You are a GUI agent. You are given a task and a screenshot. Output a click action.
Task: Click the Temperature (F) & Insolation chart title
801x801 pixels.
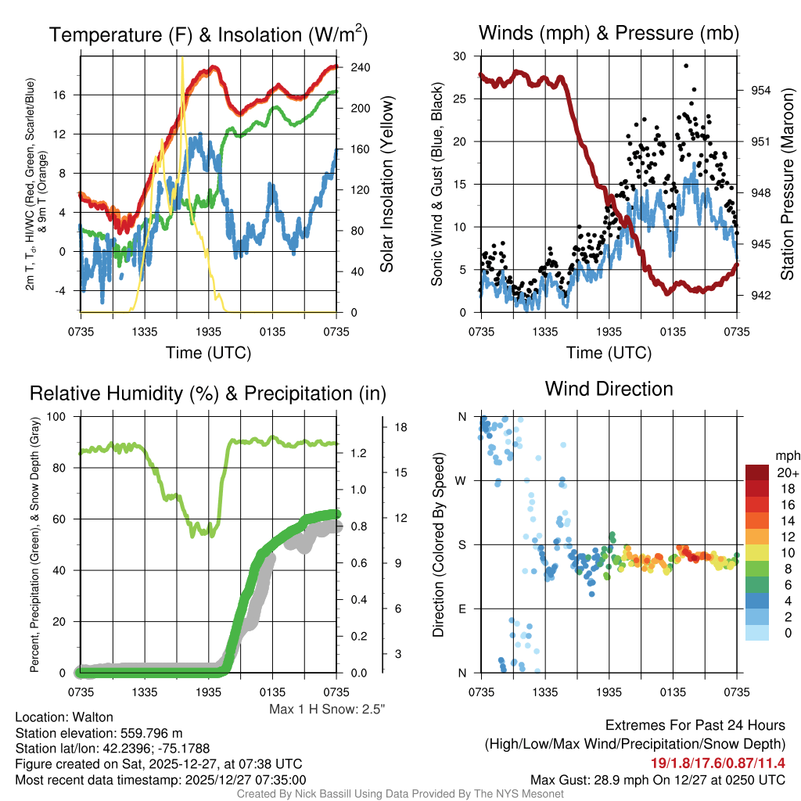click(x=208, y=34)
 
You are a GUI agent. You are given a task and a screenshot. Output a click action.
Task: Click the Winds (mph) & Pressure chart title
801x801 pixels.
click(x=609, y=34)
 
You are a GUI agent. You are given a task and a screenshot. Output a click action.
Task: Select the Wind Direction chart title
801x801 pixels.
click(x=609, y=389)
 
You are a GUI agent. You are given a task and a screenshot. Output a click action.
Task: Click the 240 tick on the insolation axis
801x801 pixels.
click(x=360, y=68)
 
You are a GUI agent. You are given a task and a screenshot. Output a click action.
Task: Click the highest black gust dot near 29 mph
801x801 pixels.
click(x=686, y=66)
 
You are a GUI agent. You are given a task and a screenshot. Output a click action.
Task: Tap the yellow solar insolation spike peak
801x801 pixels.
click(x=182, y=59)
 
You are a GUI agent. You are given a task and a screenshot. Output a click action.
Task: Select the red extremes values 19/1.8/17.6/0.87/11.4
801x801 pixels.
click(x=717, y=763)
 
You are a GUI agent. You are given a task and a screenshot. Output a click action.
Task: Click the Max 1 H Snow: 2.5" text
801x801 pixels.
click(x=327, y=709)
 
